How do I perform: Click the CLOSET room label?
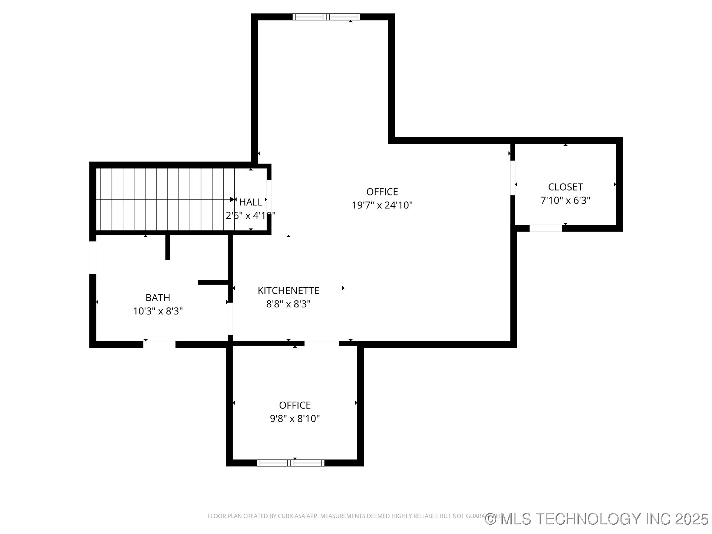(565, 187)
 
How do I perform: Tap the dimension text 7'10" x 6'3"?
(565, 200)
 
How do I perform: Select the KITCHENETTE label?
(288, 290)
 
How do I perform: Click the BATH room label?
(158, 297)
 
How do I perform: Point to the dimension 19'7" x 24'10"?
(382, 205)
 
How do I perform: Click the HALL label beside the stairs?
(251, 202)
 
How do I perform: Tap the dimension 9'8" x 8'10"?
(295, 419)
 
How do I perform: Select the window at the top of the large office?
(326, 17)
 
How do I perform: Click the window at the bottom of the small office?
(291, 463)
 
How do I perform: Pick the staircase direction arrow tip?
(233, 200)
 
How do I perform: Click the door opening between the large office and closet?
(512, 177)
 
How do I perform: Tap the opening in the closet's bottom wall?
(545, 228)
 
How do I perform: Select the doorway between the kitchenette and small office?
(322, 344)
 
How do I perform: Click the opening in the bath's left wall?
(93, 257)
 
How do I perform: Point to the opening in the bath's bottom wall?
(159, 345)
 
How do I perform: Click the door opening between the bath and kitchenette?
(230, 319)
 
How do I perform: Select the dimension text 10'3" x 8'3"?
(158, 311)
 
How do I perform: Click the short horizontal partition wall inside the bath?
(213, 283)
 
